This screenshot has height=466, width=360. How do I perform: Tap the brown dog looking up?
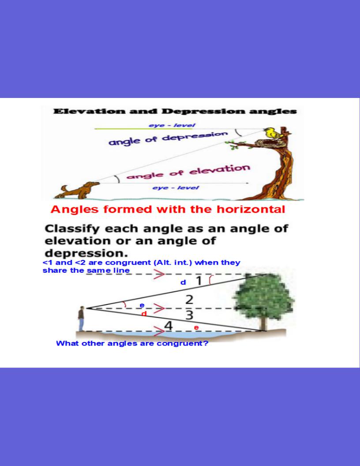point(78,190)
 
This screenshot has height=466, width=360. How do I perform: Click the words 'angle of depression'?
point(168,138)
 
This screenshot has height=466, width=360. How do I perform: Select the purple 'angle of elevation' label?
point(188,172)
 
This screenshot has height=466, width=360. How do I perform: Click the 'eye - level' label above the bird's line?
point(172,125)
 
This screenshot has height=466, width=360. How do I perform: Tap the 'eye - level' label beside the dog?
point(176,188)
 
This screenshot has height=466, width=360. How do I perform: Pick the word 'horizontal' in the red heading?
point(251,209)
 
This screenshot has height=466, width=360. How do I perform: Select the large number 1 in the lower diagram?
point(199,281)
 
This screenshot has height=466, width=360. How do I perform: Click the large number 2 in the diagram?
point(189,300)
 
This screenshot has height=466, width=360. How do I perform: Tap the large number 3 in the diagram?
point(190,315)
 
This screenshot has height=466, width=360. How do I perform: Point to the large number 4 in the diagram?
point(169,326)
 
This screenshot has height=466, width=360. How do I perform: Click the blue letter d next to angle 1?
point(183,282)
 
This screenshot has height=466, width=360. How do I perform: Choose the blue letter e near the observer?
point(142,305)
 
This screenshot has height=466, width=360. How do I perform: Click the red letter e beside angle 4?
point(196,327)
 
